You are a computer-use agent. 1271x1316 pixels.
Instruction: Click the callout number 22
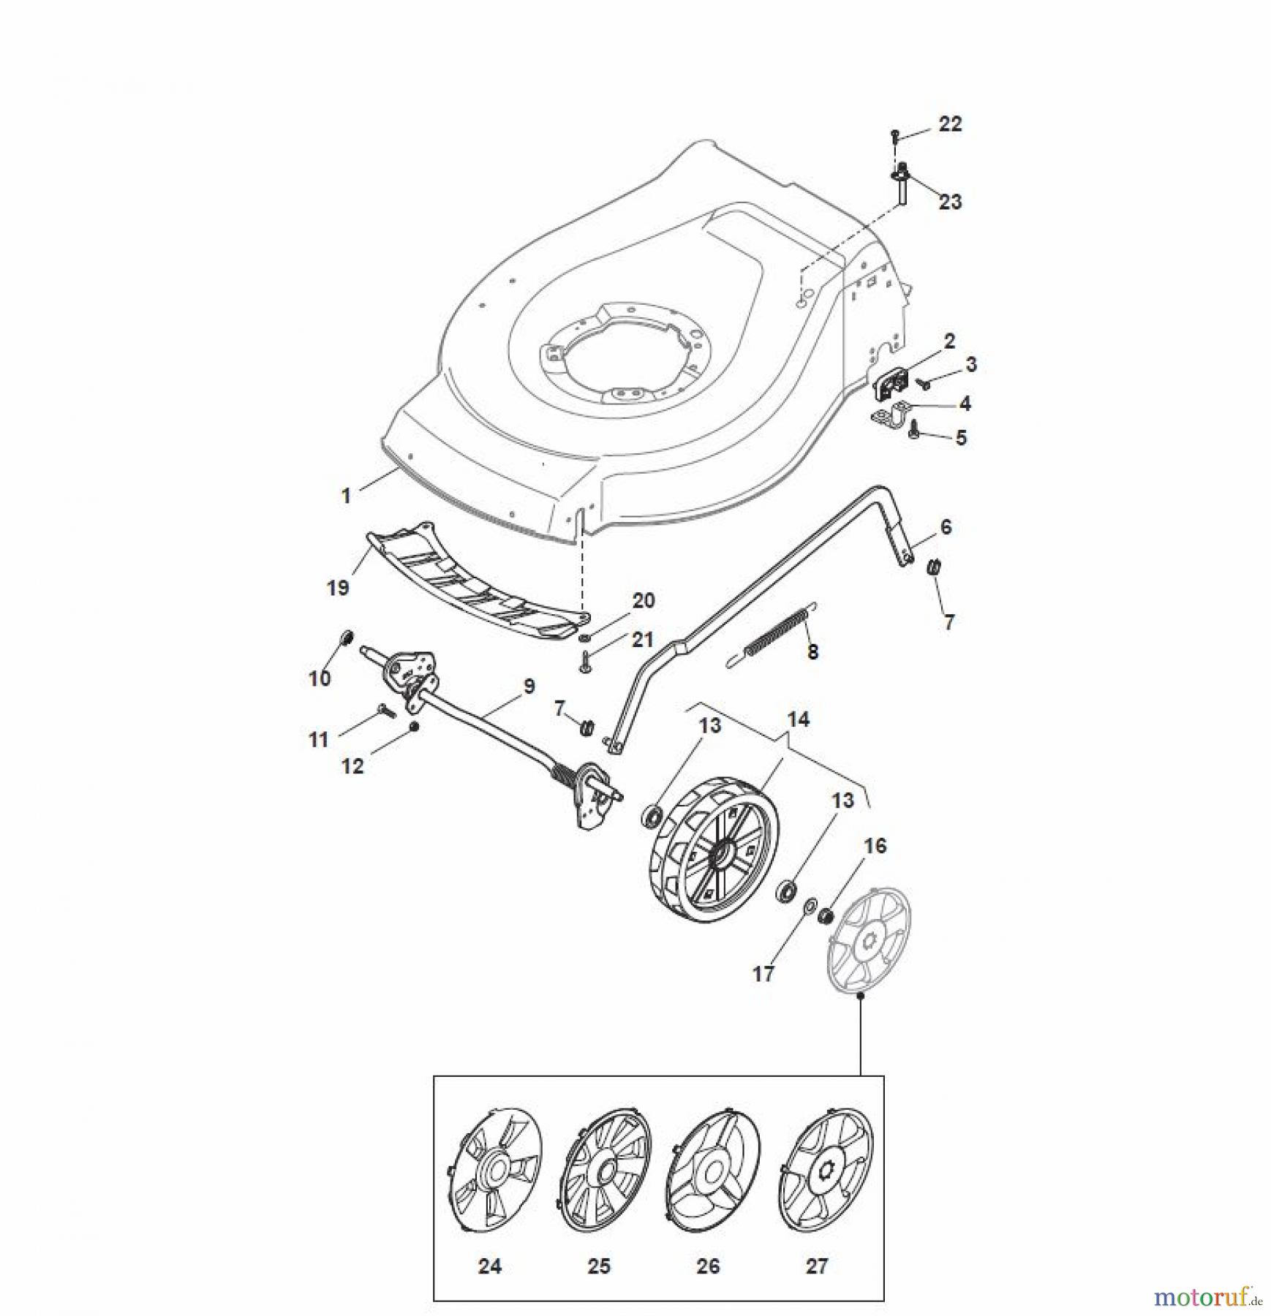coord(950,124)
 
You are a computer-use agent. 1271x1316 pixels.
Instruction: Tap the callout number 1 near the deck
coord(346,496)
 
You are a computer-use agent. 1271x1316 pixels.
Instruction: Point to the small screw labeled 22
coord(895,136)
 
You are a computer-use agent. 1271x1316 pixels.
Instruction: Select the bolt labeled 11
coord(385,709)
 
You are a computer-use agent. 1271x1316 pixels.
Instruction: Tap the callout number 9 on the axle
coord(529,687)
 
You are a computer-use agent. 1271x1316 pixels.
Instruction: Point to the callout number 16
coord(875,846)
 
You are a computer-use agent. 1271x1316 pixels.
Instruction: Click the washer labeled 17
coord(810,907)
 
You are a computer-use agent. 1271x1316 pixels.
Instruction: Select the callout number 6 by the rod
coord(946,527)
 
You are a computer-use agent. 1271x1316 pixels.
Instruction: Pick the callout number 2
coord(948,341)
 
